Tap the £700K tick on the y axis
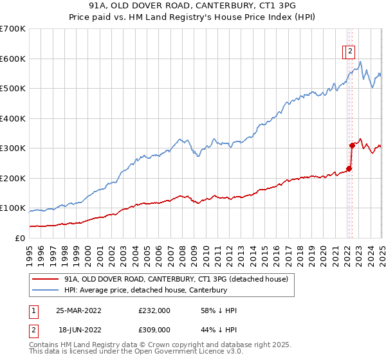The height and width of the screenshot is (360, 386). pyautogui.click(x=13, y=29)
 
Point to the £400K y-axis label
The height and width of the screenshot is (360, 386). pyautogui.click(x=13, y=118)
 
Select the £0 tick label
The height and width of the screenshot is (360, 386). pyautogui.click(x=21, y=238)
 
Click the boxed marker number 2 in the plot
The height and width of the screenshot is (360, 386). pyautogui.click(x=350, y=52)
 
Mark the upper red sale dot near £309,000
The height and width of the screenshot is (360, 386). pyautogui.click(x=352, y=145)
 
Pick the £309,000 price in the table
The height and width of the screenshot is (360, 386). pyautogui.click(x=154, y=328)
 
